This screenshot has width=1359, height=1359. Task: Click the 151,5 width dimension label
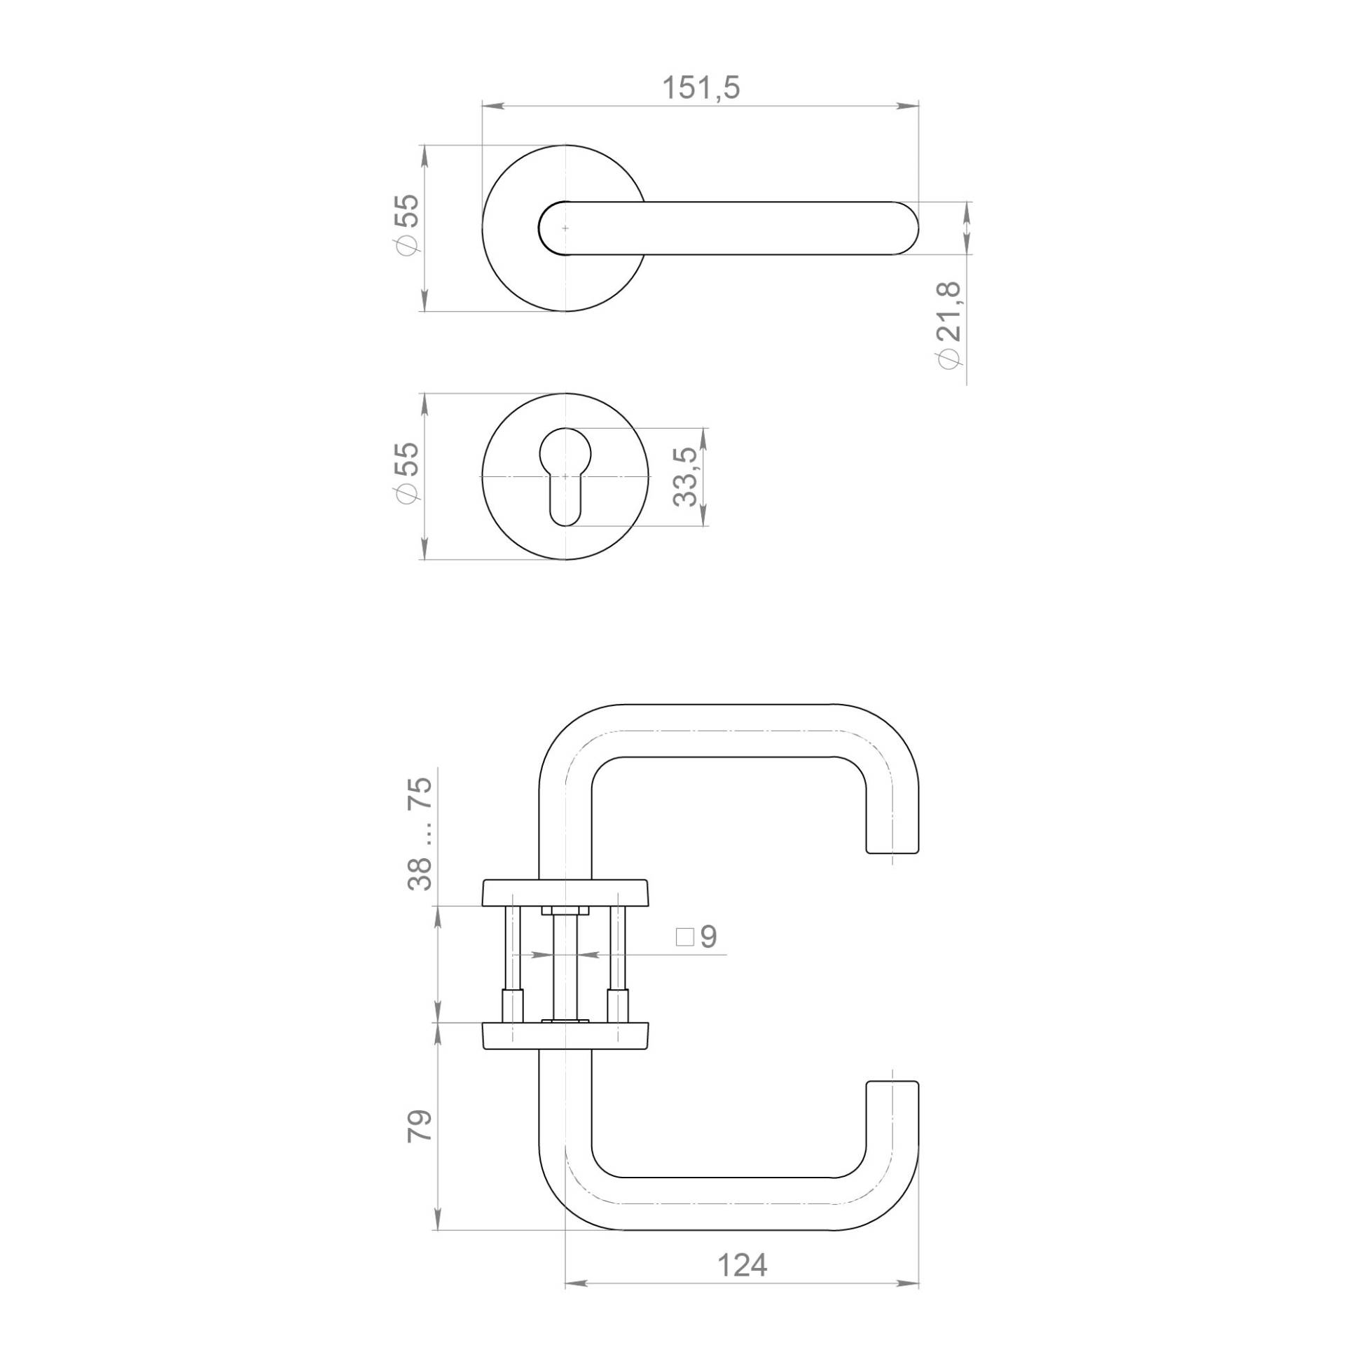point(701,88)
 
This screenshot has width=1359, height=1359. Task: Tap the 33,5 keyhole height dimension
point(685,476)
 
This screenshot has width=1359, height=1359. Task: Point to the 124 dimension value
point(742,1265)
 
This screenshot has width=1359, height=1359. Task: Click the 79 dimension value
point(419,1126)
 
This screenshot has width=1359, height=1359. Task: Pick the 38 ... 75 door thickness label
point(420,834)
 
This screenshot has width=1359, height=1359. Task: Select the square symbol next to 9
point(684,937)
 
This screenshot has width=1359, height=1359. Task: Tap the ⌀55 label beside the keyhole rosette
point(407,473)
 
